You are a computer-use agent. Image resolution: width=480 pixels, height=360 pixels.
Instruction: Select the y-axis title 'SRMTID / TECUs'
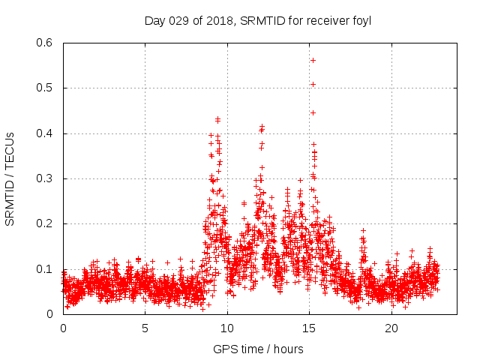[10, 178]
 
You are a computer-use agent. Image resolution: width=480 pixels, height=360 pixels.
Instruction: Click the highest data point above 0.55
[313, 60]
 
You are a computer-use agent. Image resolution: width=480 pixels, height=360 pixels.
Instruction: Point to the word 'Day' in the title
[154, 20]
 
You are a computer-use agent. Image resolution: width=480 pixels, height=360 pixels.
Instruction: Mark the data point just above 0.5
[313, 84]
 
